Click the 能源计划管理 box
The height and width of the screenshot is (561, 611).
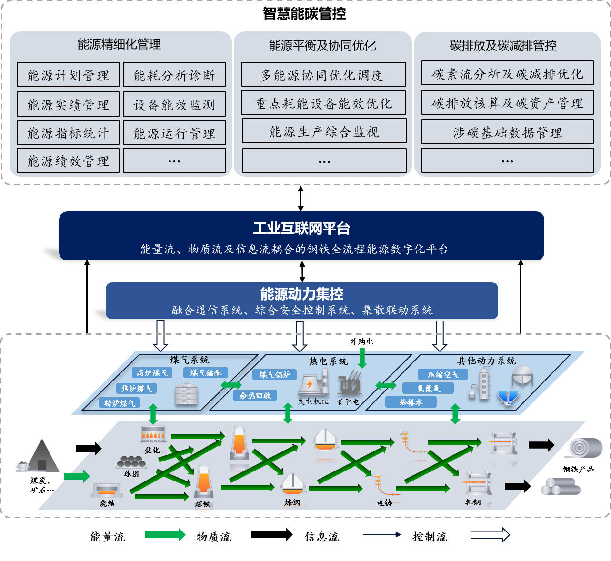68,75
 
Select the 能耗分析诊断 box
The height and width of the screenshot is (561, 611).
174,75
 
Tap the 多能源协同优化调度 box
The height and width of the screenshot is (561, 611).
323,75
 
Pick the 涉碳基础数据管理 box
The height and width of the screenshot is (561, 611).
508,132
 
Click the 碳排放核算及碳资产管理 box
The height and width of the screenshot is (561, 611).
508,103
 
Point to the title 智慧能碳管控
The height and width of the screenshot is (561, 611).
304,13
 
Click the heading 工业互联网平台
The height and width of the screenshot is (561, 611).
301,228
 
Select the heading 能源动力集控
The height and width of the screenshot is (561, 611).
301,294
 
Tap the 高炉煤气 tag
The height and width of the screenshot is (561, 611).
152,373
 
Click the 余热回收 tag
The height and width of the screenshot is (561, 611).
255,396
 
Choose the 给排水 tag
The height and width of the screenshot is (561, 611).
411,402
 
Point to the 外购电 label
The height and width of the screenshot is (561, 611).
361,341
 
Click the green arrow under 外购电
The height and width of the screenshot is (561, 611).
362,358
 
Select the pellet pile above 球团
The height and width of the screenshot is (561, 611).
131,461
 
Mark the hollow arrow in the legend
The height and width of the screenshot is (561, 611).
490,535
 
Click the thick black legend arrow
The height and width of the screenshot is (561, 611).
272,534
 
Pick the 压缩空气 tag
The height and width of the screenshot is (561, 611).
443,374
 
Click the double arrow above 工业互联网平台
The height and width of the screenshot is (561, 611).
300,199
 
